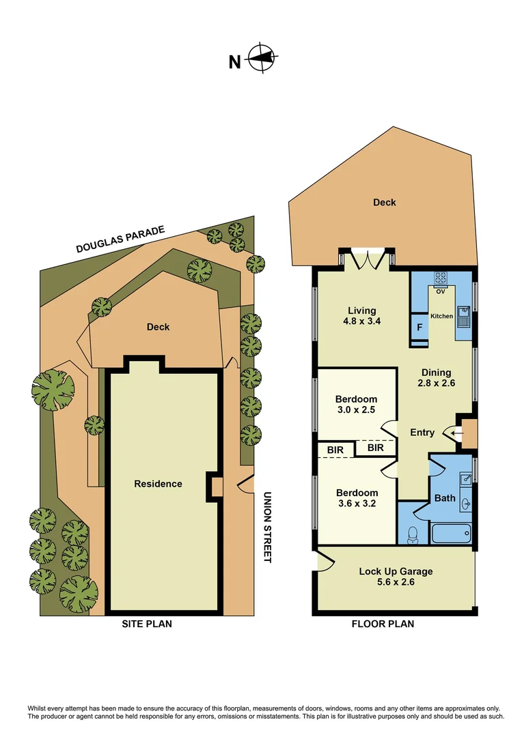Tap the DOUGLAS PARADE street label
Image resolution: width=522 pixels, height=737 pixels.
tap(120, 240)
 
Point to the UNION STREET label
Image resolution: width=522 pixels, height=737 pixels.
tap(267, 528)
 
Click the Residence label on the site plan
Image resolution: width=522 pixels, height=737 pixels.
tap(158, 484)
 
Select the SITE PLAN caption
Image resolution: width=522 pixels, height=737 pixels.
tap(146, 624)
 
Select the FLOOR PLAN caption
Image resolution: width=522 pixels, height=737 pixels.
tap(383, 624)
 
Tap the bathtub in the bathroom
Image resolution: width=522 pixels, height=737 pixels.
tap(450, 532)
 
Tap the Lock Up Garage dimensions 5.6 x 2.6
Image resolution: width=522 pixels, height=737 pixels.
tap(396, 583)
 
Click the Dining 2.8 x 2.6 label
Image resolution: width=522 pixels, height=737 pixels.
tap(436, 377)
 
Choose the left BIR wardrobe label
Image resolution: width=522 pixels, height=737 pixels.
tap(335, 450)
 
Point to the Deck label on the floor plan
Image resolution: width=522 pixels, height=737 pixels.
tap(384, 202)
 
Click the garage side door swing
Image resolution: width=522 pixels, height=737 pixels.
tap(324, 562)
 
